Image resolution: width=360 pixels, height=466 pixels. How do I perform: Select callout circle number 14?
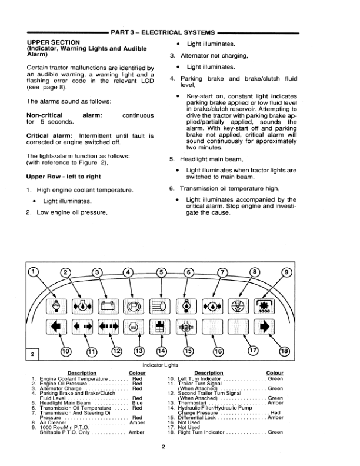162,351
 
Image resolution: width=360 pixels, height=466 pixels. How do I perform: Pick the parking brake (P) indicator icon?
134,306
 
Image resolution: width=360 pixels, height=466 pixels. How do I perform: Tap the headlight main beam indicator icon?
160,306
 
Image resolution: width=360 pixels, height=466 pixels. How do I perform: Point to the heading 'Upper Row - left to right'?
63,177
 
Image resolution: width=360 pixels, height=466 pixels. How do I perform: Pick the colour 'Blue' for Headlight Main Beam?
138,403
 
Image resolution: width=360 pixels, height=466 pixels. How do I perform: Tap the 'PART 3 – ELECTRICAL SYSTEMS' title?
165,31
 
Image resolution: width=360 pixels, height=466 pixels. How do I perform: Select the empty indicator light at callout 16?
212,327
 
